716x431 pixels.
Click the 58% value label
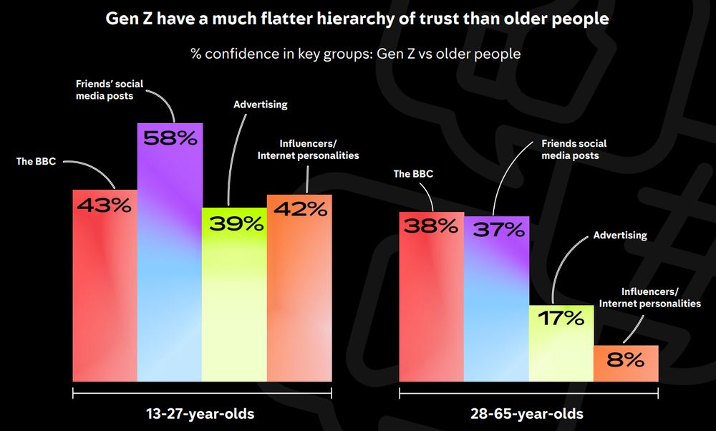point(170,139)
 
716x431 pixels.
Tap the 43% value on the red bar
point(105,205)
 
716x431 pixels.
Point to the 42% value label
point(300,209)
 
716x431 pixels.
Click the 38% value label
point(431,227)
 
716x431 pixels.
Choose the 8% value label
point(625,360)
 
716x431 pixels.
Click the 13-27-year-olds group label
point(200,414)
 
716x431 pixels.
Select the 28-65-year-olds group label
point(528,414)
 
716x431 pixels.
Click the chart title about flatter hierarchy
point(357,19)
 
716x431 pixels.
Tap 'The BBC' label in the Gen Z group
point(36,161)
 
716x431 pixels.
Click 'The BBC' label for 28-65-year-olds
point(413,173)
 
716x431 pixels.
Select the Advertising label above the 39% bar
point(261,105)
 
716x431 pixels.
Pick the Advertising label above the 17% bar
point(620,235)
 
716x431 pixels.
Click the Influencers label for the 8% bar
point(649,297)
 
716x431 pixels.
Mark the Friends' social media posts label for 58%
point(109,89)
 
